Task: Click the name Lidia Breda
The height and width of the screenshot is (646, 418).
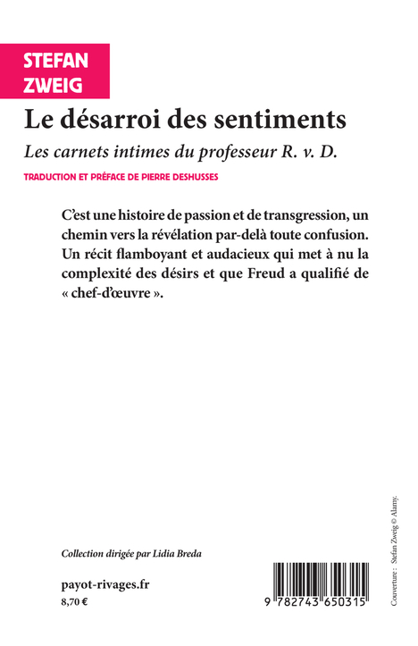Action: tap(180, 554)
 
